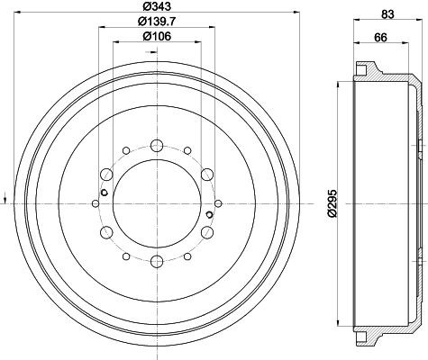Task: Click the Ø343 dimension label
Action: point(156,6)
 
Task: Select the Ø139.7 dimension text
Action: point(157,21)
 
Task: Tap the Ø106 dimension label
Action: point(157,36)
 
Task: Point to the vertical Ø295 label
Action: point(332,203)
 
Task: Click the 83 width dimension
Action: point(387,14)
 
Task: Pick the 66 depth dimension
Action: point(380,38)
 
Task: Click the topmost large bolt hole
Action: point(157,146)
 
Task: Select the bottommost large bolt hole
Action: point(157,262)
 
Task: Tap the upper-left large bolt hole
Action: point(106,175)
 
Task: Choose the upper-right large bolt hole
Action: point(207,175)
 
